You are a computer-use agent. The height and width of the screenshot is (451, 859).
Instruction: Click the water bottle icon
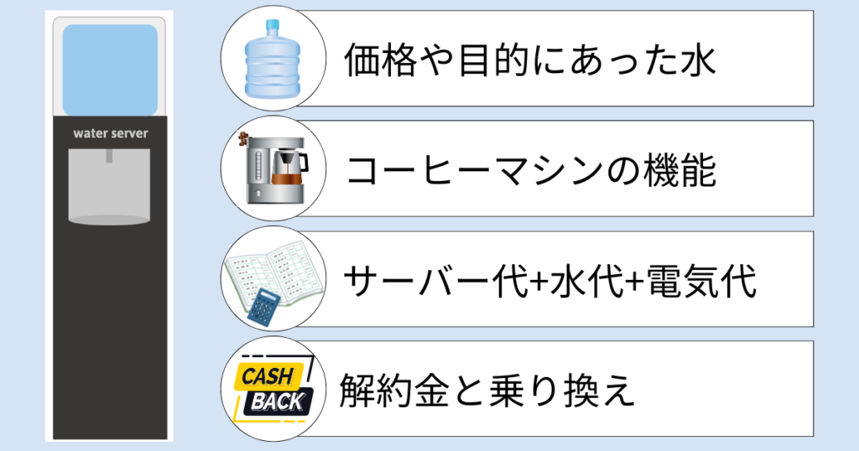[x=273, y=60]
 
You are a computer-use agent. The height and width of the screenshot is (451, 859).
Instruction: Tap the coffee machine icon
[x=273, y=168]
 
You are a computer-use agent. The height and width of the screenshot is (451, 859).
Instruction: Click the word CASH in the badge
[x=268, y=376]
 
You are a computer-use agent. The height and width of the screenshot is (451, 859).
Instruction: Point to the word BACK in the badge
[x=277, y=402]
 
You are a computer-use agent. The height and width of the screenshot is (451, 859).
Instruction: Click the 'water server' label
[x=111, y=133]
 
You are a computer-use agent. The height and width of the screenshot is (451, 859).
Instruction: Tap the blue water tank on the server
[x=110, y=70]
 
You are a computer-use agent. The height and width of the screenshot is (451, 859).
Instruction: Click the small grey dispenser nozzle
[x=110, y=156]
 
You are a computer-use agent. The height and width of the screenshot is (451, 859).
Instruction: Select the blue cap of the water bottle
[x=273, y=25]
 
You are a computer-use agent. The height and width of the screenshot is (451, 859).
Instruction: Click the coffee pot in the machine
[x=289, y=168]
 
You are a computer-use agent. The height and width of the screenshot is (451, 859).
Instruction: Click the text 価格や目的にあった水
[x=530, y=60]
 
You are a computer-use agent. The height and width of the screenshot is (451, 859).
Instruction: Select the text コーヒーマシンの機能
[x=531, y=170]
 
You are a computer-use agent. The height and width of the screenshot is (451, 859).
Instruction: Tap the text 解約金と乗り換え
[x=487, y=391]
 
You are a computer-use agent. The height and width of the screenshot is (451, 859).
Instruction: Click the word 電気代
[x=701, y=282]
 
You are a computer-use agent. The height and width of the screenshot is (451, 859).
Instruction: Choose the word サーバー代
[x=436, y=282]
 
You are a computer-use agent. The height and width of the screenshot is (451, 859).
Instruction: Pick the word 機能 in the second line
[x=679, y=170]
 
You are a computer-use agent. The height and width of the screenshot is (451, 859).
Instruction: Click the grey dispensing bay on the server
[x=110, y=187]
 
